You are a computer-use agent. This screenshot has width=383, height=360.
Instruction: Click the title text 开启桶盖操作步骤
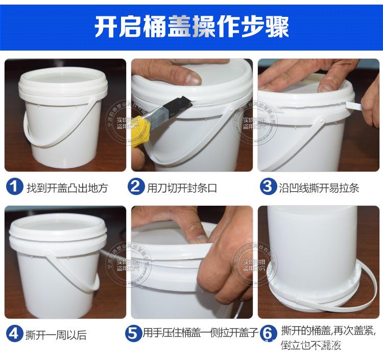pyautogui.click(x=192, y=27)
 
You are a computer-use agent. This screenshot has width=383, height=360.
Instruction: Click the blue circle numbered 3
pyautogui.click(x=267, y=187)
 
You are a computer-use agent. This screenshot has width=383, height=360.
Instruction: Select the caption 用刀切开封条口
pyautogui.click(x=182, y=188)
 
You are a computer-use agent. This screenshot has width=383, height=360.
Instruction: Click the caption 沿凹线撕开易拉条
pyautogui.click(x=319, y=188)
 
